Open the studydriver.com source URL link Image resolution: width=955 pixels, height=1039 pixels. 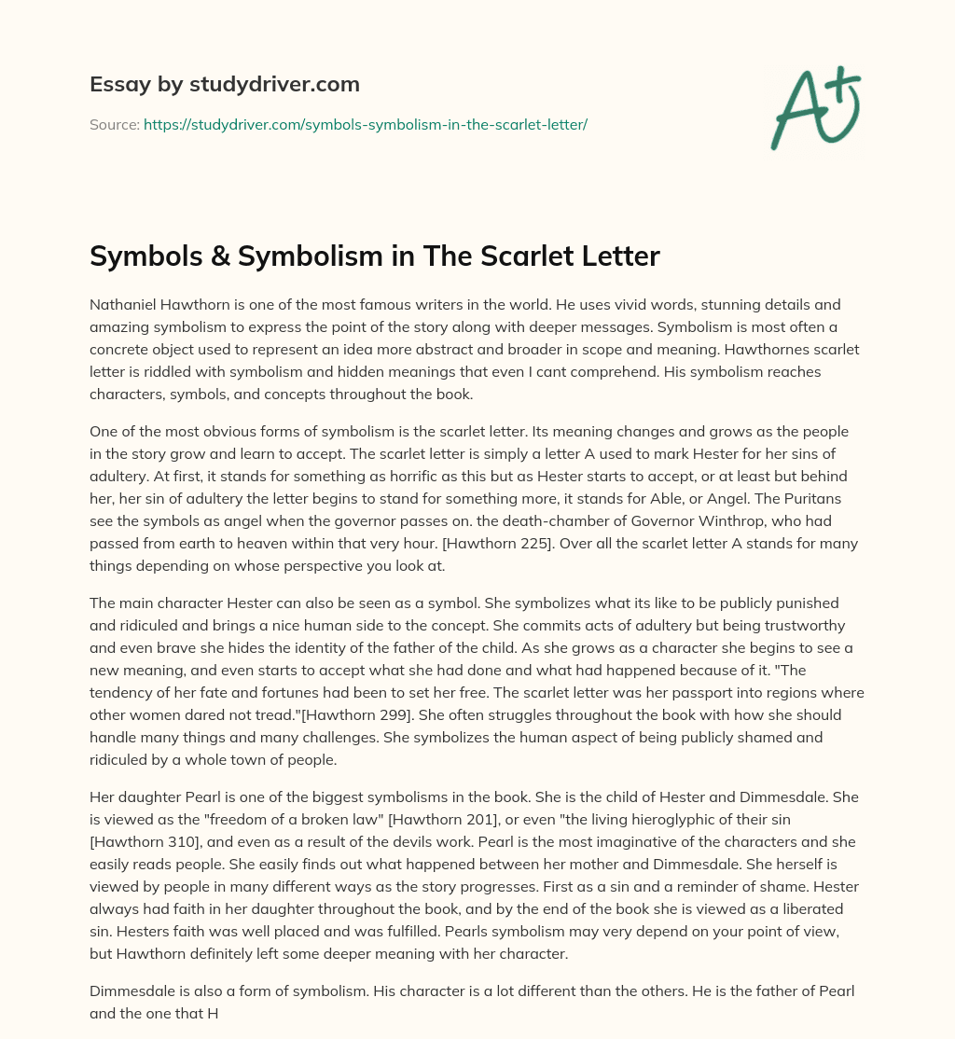point(365,124)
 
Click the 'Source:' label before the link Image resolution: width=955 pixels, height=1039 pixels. point(114,124)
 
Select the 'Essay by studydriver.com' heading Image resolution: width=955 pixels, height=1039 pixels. point(224,84)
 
